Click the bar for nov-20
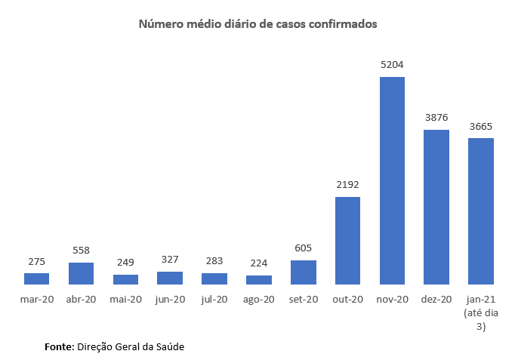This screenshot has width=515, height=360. point(392,180)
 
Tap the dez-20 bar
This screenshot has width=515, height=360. point(436,207)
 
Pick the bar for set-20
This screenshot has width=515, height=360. point(304,272)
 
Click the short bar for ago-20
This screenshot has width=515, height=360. point(259,279)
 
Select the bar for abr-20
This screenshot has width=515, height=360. point(81,273)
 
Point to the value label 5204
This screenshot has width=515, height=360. point(392,66)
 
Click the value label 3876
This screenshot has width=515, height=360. point(436,118)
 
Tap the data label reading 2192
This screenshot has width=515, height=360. point(347,186)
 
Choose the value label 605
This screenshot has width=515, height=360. point(304,249)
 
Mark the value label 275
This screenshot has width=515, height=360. point(36,261)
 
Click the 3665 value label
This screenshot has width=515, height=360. point(481,127)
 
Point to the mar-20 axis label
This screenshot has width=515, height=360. point(36,300)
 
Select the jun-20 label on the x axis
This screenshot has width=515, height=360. point(170,300)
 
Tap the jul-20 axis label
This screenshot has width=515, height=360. point(214,300)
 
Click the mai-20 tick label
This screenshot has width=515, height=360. point(125,300)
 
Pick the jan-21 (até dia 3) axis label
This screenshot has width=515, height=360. point(481,312)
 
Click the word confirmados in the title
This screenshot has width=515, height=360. point(340,24)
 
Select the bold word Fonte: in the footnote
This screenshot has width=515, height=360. point(59,347)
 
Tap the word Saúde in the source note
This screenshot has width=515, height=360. point(168,347)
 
